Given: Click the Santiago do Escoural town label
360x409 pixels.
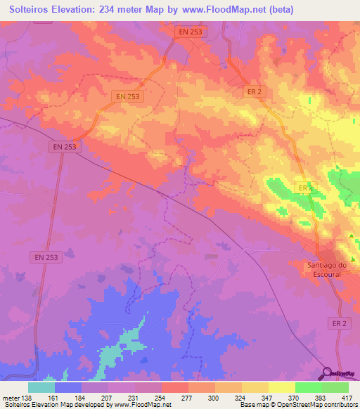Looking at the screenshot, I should click(324, 269).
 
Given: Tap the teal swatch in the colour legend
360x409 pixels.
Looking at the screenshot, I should click(41, 387).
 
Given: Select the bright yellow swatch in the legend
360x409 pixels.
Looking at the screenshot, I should click(282, 387).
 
